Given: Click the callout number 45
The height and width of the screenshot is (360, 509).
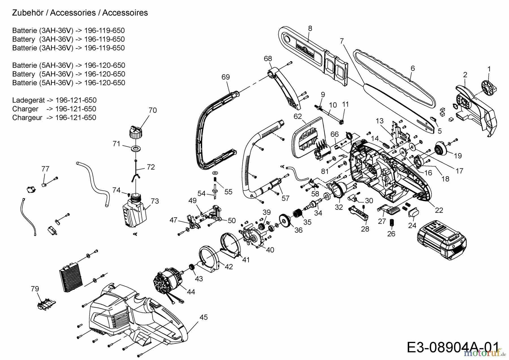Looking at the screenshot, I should (x=203, y=317).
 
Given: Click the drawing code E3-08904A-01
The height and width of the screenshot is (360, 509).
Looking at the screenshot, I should (x=452, y=347).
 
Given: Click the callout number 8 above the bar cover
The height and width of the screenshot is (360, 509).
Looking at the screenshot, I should (x=310, y=28).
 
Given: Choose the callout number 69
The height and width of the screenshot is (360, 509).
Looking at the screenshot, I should (x=225, y=77).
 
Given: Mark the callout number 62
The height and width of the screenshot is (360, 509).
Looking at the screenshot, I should (x=297, y=116).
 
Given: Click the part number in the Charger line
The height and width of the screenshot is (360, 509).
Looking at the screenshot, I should (x=76, y=109).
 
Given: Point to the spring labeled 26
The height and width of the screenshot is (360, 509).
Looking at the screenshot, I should (x=392, y=223).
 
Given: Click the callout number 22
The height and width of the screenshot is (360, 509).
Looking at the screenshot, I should (x=439, y=210).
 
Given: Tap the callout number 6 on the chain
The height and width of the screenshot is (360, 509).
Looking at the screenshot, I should (x=413, y=68).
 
